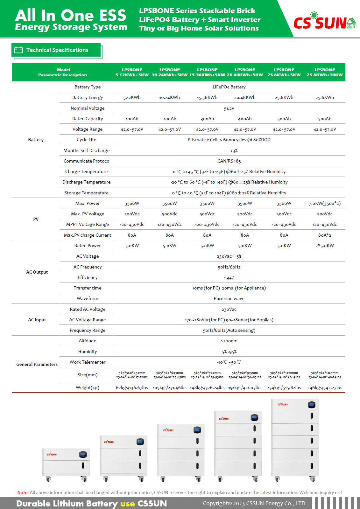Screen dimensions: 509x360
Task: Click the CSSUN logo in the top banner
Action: tap(324, 22)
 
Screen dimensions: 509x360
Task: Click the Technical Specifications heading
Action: tap(57, 50)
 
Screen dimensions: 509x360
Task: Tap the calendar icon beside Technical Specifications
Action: tap(19, 50)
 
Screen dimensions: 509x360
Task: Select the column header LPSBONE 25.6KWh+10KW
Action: tap(325, 72)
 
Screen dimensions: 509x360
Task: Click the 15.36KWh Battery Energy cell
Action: tap(207, 97)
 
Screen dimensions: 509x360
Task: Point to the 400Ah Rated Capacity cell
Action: tap(245, 119)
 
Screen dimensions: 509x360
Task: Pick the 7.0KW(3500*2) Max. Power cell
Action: tap(325, 203)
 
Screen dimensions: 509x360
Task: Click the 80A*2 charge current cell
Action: tap(325, 235)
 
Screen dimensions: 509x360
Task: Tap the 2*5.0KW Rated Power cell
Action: tap(325, 246)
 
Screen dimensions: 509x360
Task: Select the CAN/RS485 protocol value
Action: tap(229, 161)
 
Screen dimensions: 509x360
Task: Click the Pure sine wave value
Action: tap(229, 298)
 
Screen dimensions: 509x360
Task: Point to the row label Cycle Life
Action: tap(86, 140)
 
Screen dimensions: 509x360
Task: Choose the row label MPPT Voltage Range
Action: tap(87, 224)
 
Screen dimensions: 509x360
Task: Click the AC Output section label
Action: tap(37, 272)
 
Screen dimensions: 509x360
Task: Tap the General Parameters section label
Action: tap(37, 364)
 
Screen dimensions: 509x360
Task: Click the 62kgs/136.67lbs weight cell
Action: tap(132, 387)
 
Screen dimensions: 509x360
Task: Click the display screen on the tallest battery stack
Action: tap(311, 405)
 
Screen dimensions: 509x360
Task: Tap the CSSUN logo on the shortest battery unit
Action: tap(52, 454)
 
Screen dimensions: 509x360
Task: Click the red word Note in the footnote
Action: tap(23, 492)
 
